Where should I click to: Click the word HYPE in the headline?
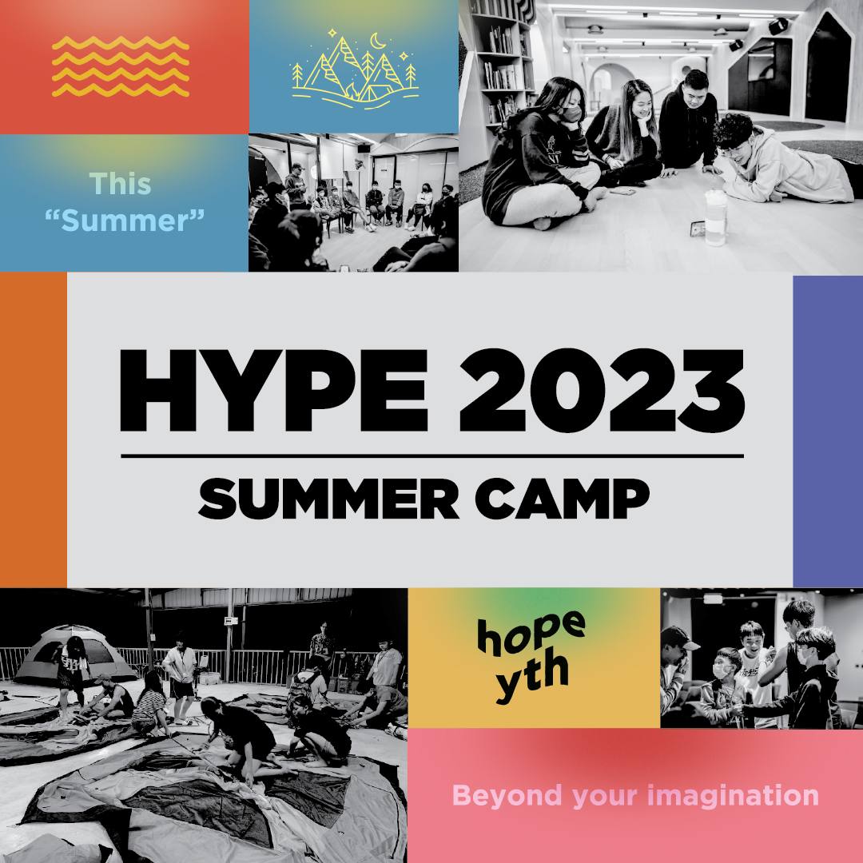point(274,390)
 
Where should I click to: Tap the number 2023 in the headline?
point(603,390)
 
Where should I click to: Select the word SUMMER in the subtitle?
point(328,499)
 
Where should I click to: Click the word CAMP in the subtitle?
point(563,499)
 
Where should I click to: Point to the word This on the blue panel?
point(120,184)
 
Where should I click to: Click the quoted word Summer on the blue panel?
point(125,221)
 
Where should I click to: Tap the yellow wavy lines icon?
point(121,66)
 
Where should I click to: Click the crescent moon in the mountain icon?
point(377,41)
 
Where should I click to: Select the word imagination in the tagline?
point(733,795)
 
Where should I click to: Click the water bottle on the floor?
point(715,217)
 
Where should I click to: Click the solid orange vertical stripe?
point(34,430)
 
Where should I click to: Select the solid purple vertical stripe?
point(828,431)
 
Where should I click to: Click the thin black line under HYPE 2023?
point(432,456)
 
